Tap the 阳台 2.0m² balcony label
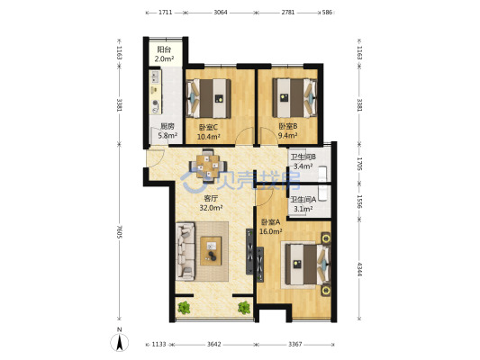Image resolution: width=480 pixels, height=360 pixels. click(166, 54)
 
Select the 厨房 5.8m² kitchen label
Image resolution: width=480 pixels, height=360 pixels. click(168, 130)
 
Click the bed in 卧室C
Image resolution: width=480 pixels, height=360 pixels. click(208, 98)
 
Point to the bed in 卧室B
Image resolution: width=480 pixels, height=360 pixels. click(294, 98)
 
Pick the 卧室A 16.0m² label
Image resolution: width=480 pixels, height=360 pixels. click(270, 227)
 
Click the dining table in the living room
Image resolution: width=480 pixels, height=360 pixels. click(208, 166)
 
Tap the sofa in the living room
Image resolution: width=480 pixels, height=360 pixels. click(186, 251)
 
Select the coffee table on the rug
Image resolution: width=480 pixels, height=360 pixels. click(211, 251)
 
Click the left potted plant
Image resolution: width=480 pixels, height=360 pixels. click(184, 308)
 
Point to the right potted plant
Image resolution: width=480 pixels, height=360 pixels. click(244, 308)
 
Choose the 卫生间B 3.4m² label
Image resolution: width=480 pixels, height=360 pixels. click(303, 162)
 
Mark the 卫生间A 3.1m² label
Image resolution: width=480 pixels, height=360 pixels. click(303, 204)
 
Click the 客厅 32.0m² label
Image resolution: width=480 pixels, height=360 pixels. click(211, 203)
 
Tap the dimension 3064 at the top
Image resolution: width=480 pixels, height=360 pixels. click(221, 13)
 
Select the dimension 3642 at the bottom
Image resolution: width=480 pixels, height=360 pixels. click(213, 345)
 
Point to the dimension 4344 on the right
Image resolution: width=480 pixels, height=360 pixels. click(359, 269)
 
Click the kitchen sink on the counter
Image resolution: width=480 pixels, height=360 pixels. click(155, 76)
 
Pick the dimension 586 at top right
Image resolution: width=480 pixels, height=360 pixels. click(327, 13)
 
